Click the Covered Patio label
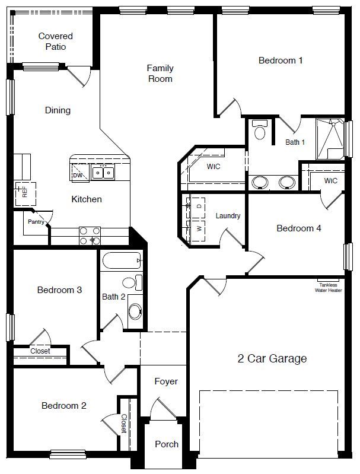click(55, 42)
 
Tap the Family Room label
click(160, 74)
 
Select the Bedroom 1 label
click(281, 60)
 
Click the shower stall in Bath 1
click(330, 138)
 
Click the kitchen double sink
click(101, 173)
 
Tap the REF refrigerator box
click(25, 192)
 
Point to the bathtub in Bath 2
click(121, 261)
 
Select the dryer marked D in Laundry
click(197, 205)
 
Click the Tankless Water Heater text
click(330, 287)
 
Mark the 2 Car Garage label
click(272, 358)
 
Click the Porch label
click(166, 444)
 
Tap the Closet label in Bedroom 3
click(40, 351)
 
